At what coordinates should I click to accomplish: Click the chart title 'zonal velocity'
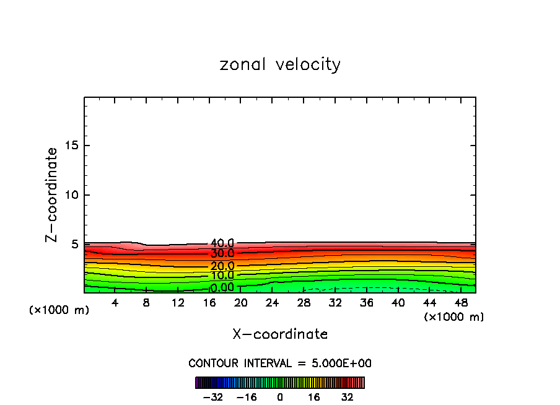tap(280, 64)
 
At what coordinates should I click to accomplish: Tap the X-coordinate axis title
tap(280, 334)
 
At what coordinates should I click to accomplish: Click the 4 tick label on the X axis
tap(115, 303)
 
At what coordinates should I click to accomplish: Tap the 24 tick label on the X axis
tap(273, 303)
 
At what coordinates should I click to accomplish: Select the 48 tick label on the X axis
tap(461, 303)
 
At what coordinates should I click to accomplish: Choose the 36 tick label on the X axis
tap(367, 303)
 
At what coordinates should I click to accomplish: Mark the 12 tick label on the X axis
tap(178, 303)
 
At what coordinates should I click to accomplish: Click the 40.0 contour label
tap(222, 243)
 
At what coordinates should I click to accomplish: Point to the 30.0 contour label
tap(222, 254)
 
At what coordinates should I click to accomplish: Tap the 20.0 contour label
tap(222, 266)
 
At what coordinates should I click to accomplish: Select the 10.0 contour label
tap(222, 276)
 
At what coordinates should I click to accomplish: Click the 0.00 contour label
tap(222, 287)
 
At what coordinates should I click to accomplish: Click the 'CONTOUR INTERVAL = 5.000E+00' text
tap(280, 363)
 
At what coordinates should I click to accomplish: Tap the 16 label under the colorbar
tap(314, 397)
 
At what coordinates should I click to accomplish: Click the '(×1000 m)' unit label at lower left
tap(59, 310)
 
